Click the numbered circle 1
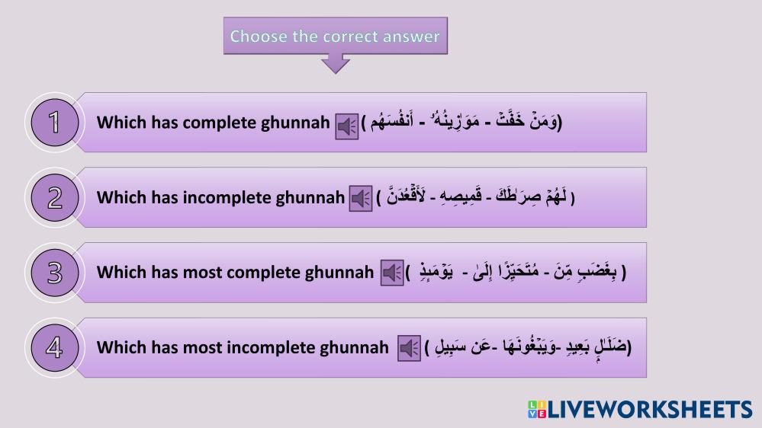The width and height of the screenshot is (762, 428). click(55, 123)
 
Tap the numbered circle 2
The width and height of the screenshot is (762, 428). click(55, 197)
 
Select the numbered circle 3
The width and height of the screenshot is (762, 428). click(55, 273)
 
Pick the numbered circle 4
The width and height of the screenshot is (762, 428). click(55, 348)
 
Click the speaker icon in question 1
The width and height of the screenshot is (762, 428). click(347, 126)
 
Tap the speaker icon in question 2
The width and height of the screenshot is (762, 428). click(361, 199)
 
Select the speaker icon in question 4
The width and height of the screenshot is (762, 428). click(409, 349)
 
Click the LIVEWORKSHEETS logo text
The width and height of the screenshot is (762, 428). click(650, 410)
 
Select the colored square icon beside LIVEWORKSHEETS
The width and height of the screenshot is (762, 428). click(537, 410)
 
